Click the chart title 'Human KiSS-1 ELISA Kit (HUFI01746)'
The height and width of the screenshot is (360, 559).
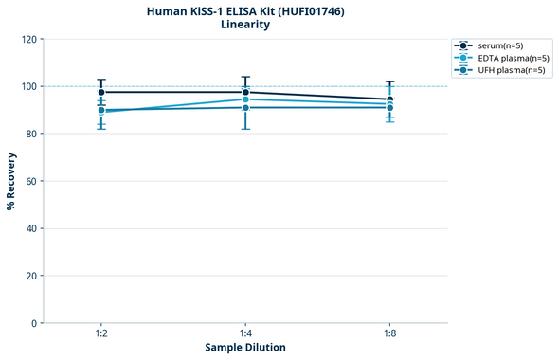[x=244, y=10]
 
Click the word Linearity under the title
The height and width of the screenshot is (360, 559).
[x=244, y=25]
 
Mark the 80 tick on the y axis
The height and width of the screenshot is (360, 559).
[x=30, y=134]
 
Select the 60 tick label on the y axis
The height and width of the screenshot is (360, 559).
[x=30, y=181]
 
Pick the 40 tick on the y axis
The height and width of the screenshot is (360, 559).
[x=30, y=228]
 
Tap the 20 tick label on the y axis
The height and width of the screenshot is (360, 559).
[x=30, y=276]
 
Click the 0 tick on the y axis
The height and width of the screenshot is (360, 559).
[x=33, y=323]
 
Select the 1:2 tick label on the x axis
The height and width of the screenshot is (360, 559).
[x=100, y=334]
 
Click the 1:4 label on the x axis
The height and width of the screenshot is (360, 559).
[x=245, y=334]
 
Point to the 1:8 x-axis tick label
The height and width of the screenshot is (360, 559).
[x=390, y=334]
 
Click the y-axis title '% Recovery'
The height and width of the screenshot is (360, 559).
[x=11, y=181]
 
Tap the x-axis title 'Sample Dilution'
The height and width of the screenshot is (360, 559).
[x=245, y=348]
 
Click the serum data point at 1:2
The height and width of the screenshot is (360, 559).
[x=101, y=92]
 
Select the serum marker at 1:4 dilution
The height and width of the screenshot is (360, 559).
[x=245, y=92]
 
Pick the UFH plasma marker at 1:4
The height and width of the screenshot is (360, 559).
[x=245, y=107]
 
